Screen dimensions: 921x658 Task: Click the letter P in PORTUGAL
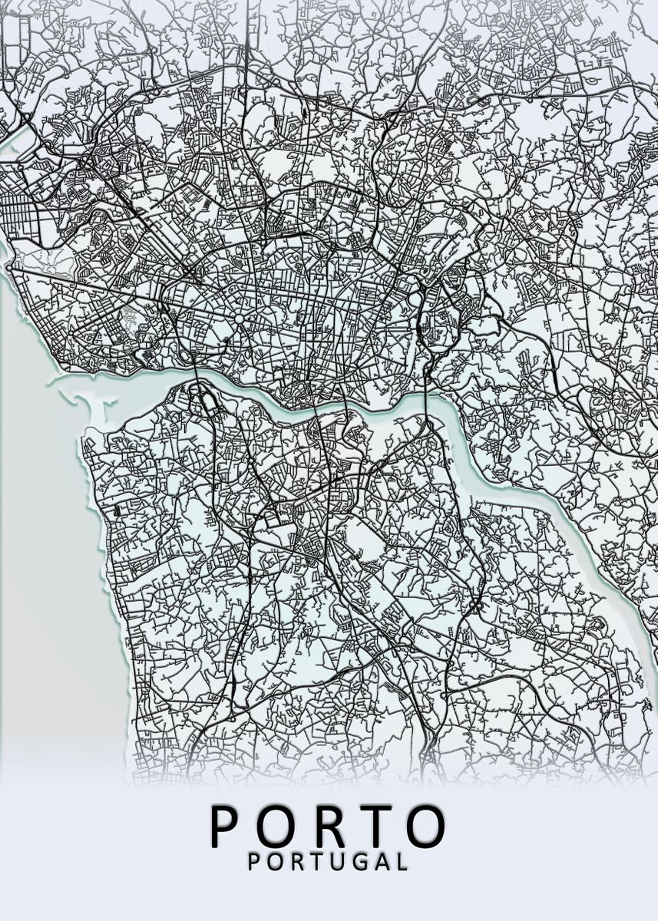tap(255, 861)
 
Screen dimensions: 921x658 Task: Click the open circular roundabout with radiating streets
tap(240, 318)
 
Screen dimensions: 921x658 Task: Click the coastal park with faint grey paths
tap(46, 261)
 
